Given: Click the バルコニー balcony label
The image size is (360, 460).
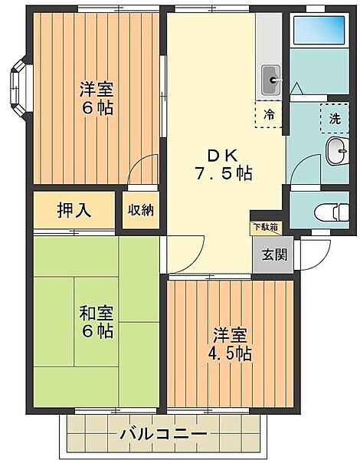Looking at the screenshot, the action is pyautogui.click(x=164, y=435).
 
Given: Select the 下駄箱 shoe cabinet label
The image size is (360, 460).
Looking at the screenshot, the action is pyautogui.click(x=266, y=227).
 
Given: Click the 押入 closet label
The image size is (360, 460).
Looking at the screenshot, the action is pyautogui.click(x=74, y=210).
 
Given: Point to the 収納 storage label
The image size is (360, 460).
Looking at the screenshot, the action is pyautogui.click(x=141, y=210).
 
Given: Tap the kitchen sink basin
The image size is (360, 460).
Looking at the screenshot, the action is pyautogui.click(x=271, y=80).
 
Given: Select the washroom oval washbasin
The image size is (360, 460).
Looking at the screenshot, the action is pyautogui.click(x=337, y=151).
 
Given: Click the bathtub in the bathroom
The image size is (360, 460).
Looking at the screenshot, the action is pyautogui.click(x=319, y=30).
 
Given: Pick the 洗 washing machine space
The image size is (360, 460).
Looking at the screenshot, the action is pyautogui.click(x=335, y=118).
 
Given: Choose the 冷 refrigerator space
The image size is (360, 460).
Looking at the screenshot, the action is pyautogui.click(x=269, y=115).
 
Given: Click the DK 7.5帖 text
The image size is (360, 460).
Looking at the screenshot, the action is pyautogui.click(x=223, y=165).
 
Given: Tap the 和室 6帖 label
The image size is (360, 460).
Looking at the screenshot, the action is pyautogui.click(x=97, y=322).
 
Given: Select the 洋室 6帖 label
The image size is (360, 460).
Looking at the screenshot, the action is pyautogui.click(x=97, y=99).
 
